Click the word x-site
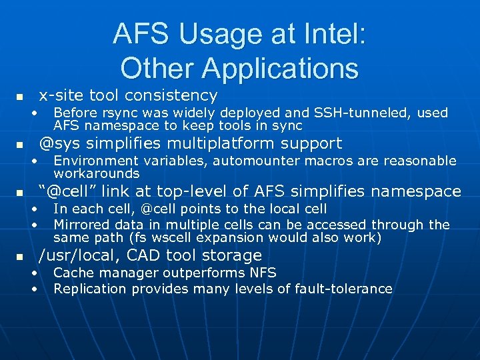(61, 95)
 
